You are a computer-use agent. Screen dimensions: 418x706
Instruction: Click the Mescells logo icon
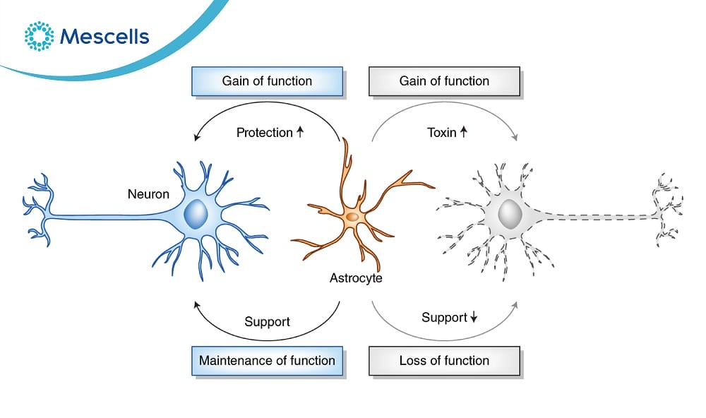click(38, 36)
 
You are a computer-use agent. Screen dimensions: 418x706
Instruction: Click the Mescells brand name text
click(104, 36)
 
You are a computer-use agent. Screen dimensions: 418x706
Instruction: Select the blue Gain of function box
click(267, 81)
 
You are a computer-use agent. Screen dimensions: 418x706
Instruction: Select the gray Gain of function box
click(444, 81)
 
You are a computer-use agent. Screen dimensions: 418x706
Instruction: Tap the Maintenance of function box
click(267, 361)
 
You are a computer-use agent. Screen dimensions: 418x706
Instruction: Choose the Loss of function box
click(444, 361)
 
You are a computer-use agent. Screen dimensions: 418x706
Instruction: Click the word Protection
click(264, 133)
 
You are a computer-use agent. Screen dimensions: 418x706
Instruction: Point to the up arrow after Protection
click(300, 132)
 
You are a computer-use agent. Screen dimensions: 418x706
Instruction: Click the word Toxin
click(442, 133)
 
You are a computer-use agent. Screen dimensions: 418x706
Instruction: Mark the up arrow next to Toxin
click(464, 132)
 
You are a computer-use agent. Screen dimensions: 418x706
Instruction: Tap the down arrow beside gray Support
click(474, 318)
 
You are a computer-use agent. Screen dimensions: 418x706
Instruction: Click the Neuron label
click(148, 193)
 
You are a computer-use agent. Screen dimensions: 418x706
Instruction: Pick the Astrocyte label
click(356, 278)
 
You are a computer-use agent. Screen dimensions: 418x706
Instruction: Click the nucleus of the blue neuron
click(196, 213)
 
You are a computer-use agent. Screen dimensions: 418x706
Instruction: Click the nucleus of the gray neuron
click(509, 213)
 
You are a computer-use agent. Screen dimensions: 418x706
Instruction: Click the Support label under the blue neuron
click(267, 322)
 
